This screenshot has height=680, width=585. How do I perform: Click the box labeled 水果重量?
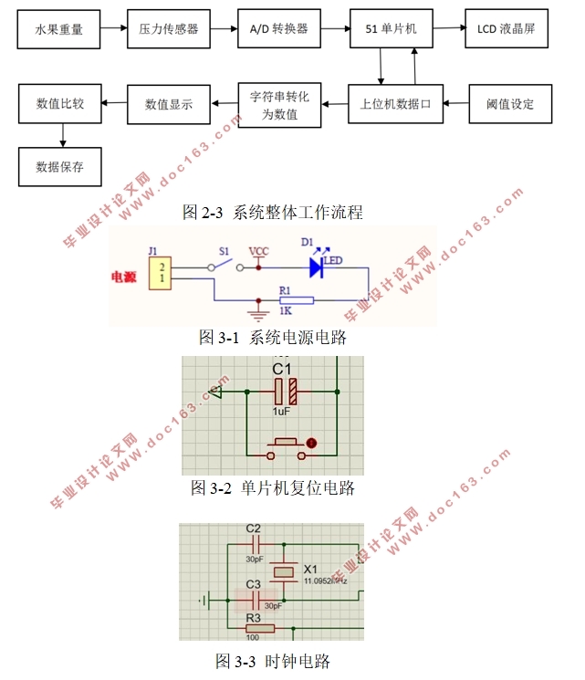tap(59, 29)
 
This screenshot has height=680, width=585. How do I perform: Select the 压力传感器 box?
tap(169, 29)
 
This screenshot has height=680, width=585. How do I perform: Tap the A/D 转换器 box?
tap(278, 29)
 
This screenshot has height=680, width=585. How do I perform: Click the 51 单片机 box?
tap(391, 29)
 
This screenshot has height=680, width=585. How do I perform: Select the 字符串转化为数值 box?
tap(279, 104)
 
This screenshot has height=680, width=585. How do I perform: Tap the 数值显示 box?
tap(169, 104)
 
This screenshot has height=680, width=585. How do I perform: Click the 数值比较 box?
tap(60, 103)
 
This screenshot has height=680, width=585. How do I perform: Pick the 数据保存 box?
tap(60, 167)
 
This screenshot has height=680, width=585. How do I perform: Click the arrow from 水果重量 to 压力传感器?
tap(114, 29)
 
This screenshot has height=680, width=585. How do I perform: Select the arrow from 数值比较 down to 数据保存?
tap(61, 135)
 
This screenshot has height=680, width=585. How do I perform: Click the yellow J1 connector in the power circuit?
tap(161, 272)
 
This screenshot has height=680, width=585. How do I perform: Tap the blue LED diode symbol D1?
tap(318, 267)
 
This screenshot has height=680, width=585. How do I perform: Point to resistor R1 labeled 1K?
tap(296, 299)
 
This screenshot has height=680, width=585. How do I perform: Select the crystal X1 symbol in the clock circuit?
tap(286, 571)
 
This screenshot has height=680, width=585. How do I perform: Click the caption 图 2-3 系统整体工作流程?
tap(273, 213)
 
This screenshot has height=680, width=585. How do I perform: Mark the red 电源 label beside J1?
tap(124, 277)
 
